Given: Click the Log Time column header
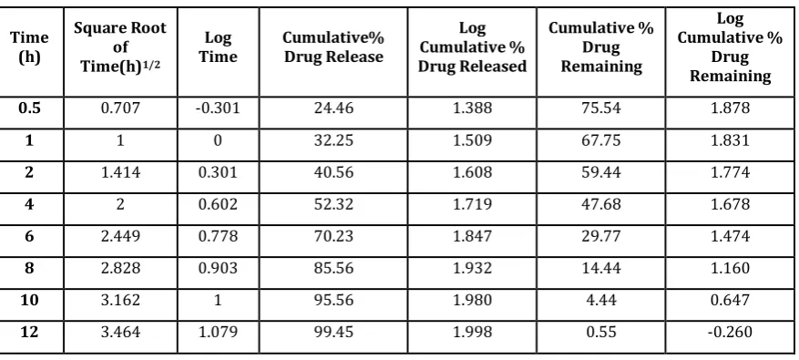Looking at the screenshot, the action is point(218,46).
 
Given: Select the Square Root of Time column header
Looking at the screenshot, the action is point(120,46).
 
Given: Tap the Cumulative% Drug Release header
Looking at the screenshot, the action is point(333,46).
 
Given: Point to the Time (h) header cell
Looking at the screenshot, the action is point(29,46).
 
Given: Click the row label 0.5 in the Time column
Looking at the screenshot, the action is point(29,108).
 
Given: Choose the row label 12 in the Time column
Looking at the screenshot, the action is point(29,332).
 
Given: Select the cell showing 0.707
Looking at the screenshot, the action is point(120,108).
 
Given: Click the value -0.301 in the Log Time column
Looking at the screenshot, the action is point(218,108).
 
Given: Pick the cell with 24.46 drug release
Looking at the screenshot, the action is point(333,108).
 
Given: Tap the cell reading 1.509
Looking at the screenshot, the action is point(472,139).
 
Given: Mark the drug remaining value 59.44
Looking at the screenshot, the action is point(601,172).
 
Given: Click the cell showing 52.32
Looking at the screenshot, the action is point(333,204).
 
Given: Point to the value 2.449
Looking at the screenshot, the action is point(120,236).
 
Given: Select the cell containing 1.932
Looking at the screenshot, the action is point(472,268).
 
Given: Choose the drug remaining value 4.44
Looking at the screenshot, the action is point(601,300).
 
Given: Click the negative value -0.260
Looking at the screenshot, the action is point(730,332).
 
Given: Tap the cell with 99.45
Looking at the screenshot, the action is point(333,332).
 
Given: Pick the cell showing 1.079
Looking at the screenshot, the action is point(218,332).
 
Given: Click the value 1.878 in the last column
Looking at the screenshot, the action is point(730,108).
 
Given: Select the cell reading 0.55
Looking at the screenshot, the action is point(601,332).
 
